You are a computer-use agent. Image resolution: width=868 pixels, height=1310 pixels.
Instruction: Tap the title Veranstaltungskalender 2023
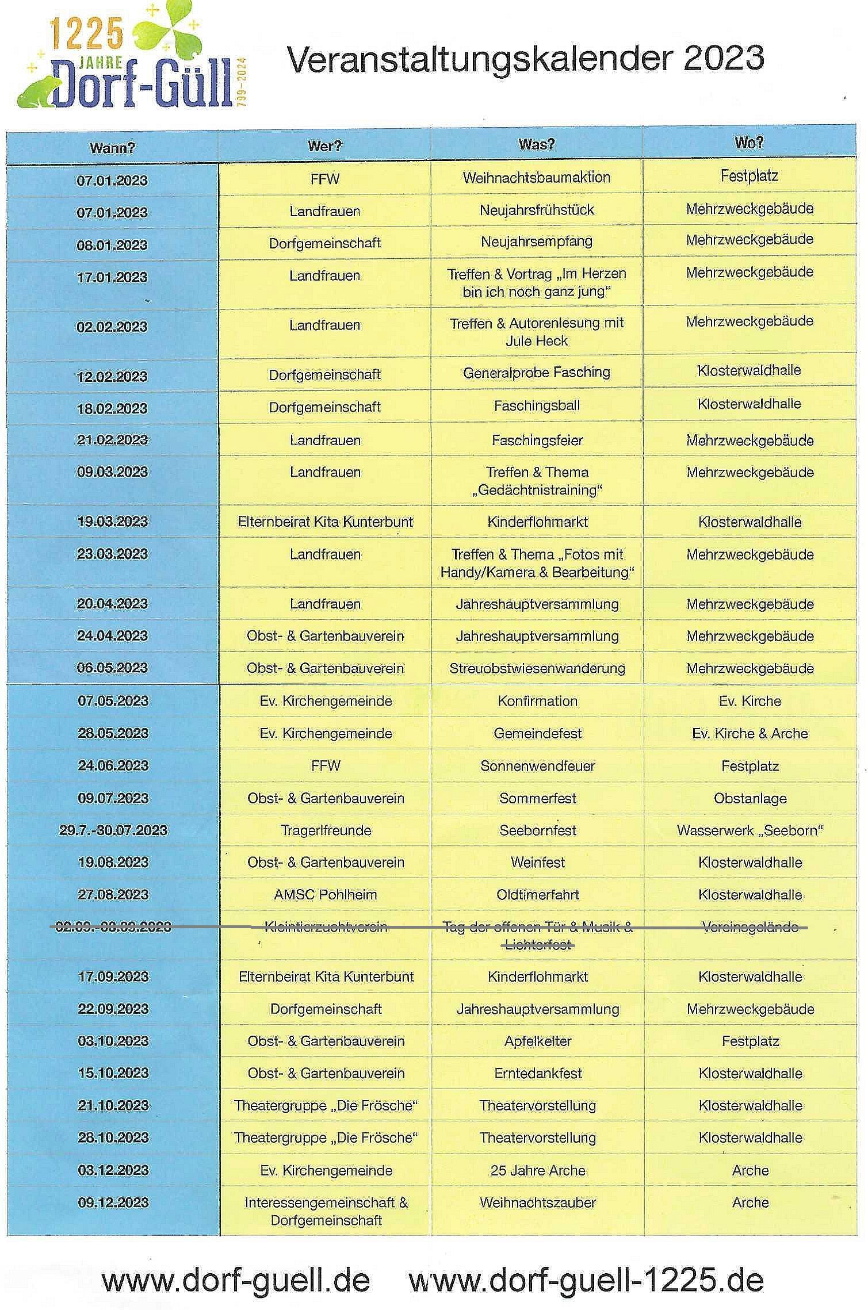(x=525, y=58)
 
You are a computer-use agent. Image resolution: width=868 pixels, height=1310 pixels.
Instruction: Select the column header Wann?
(x=112, y=148)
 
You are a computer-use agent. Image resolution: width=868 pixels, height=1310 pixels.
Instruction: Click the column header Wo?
(x=749, y=143)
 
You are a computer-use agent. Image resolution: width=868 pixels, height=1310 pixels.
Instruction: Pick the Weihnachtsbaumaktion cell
(x=536, y=177)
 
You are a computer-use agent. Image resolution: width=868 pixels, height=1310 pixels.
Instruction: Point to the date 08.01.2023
(x=112, y=244)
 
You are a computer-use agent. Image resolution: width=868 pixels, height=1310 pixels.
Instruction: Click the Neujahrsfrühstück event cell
(x=536, y=210)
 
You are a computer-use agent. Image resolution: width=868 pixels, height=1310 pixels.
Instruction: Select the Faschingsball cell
(x=536, y=406)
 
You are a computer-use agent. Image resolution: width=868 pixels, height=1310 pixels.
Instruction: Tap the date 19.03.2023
(x=112, y=522)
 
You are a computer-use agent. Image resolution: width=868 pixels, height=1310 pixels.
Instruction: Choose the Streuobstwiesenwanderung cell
(x=537, y=668)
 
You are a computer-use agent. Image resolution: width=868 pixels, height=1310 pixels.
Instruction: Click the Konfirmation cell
(x=537, y=701)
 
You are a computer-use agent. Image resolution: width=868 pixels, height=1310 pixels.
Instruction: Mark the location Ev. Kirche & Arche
(x=750, y=733)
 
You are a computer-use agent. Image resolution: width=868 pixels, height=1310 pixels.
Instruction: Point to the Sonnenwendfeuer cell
(x=537, y=766)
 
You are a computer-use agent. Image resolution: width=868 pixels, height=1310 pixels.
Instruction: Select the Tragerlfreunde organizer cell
(x=326, y=830)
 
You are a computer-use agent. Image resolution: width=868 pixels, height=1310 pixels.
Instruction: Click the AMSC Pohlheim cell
(x=326, y=895)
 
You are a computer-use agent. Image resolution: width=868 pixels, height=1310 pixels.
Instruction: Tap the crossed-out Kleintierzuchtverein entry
(x=326, y=927)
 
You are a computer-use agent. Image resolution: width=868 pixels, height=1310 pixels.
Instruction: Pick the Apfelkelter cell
(x=537, y=1041)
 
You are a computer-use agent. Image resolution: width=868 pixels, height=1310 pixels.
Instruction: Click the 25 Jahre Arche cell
(x=537, y=1170)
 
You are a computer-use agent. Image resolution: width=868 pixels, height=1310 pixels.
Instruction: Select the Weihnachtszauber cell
(x=537, y=1202)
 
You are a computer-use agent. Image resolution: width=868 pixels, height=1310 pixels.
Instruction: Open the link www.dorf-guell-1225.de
(x=586, y=1280)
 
